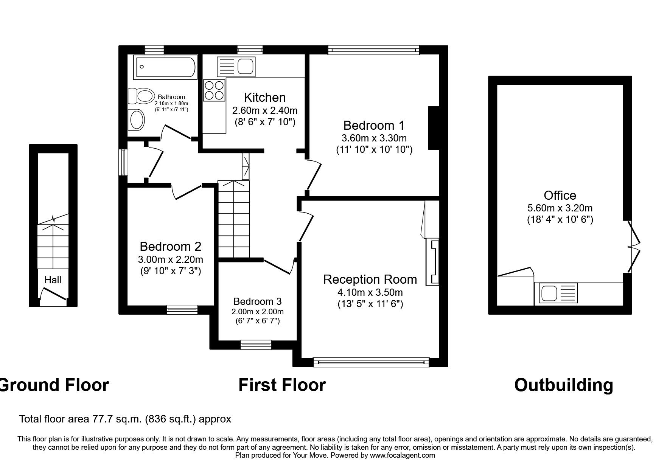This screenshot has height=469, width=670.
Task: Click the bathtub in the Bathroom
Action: click(165, 67)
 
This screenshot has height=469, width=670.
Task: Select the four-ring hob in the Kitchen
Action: click(214, 90)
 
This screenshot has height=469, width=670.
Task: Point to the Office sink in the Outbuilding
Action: click(556, 293)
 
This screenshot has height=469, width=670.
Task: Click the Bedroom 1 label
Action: click(374, 125)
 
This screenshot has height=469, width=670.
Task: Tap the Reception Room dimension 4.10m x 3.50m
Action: click(370, 292)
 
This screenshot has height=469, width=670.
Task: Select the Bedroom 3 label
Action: click(257, 301)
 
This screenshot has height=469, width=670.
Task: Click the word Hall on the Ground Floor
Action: click(53, 280)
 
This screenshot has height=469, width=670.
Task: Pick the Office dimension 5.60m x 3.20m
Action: click(560, 208)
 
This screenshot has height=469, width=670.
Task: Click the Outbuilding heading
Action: click(563, 385)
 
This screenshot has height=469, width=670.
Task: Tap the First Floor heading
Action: click(282, 385)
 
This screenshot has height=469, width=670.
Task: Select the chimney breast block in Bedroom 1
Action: click(434, 128)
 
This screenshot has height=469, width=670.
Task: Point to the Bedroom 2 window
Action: click(182, 310)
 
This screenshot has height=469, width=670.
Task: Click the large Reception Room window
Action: click(371, 362)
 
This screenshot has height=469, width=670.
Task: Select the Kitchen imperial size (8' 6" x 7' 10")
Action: click(264, 122)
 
